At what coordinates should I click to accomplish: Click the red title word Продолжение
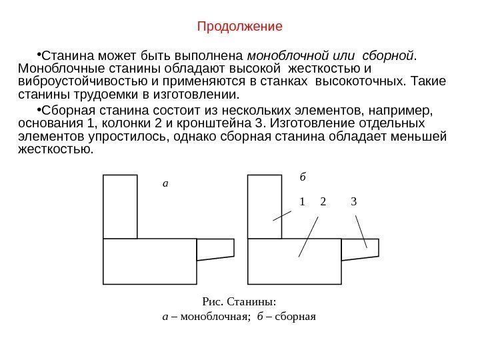click(240, 27)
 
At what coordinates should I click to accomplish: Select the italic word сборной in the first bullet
click(390, 54)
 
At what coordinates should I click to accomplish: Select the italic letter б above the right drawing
click(302, 178)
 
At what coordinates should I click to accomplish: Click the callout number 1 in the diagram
click(302, 201)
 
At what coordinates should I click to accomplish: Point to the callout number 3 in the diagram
click(353, 201)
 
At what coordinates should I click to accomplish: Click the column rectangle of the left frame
click(120, 207)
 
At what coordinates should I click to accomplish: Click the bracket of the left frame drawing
click(215, 249)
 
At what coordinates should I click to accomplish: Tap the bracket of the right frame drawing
click(360, 249)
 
